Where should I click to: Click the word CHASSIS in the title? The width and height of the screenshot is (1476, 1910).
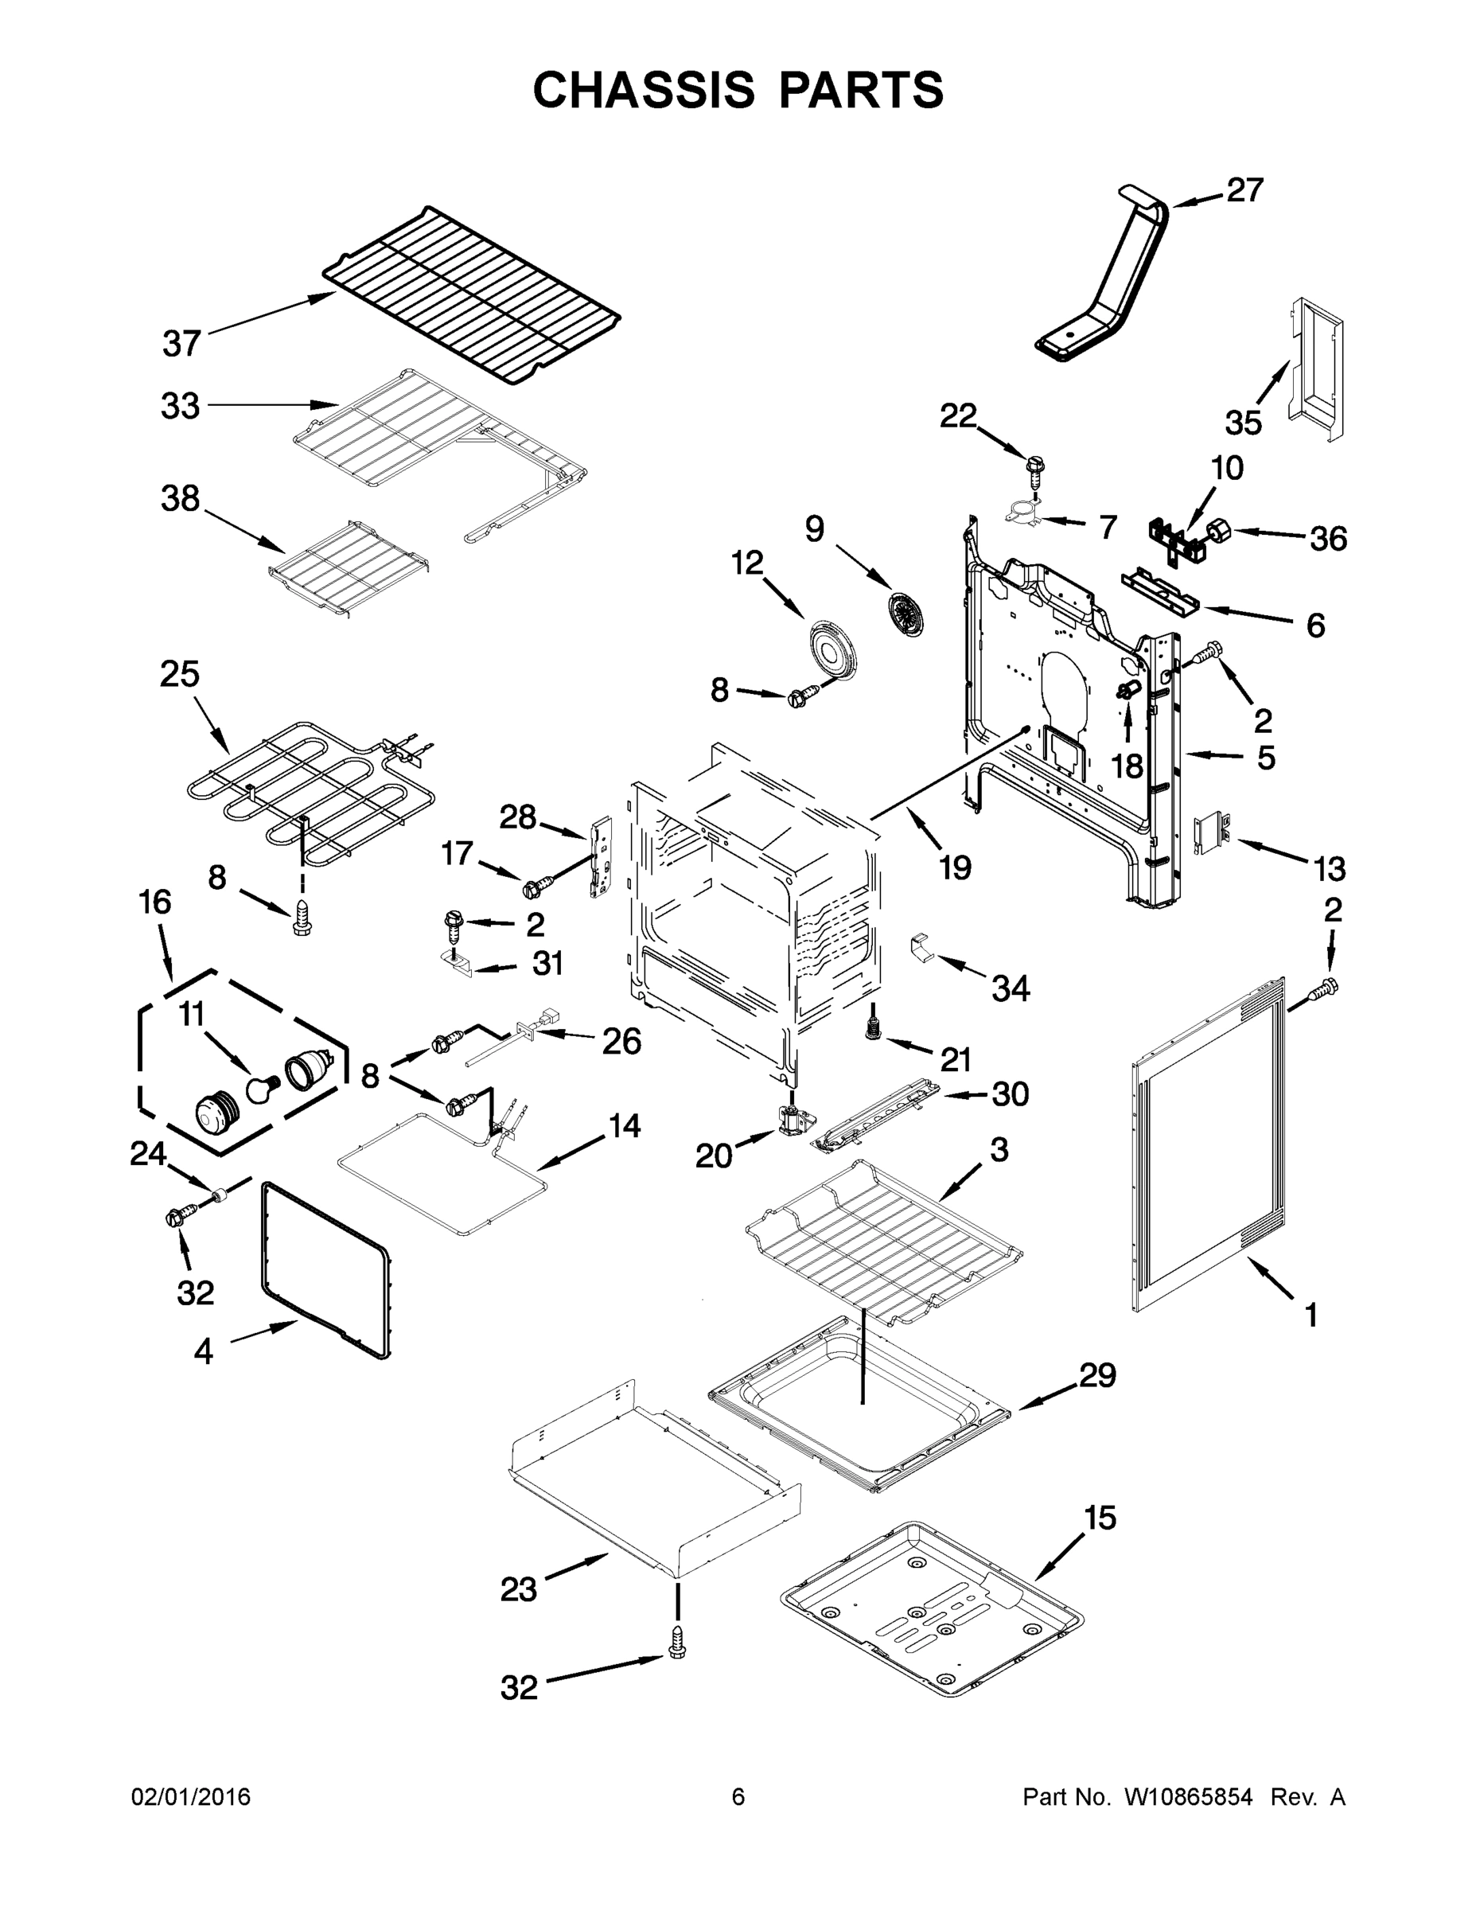(644, 90)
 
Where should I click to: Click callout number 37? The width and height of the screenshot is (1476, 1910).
(182, 344)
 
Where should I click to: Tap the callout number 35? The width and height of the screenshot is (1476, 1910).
(1243, 423)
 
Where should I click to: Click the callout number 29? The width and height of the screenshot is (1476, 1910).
(1097, 1376)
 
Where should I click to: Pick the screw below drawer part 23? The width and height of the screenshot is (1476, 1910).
(676, 1642)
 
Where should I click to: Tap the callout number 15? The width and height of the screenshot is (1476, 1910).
(1100, 1519)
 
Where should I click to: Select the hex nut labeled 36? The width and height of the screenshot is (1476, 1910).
(1219, 530)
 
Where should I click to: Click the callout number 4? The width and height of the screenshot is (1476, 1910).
(203, 1353)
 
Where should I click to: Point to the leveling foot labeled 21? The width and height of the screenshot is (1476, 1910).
(871, 1028)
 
